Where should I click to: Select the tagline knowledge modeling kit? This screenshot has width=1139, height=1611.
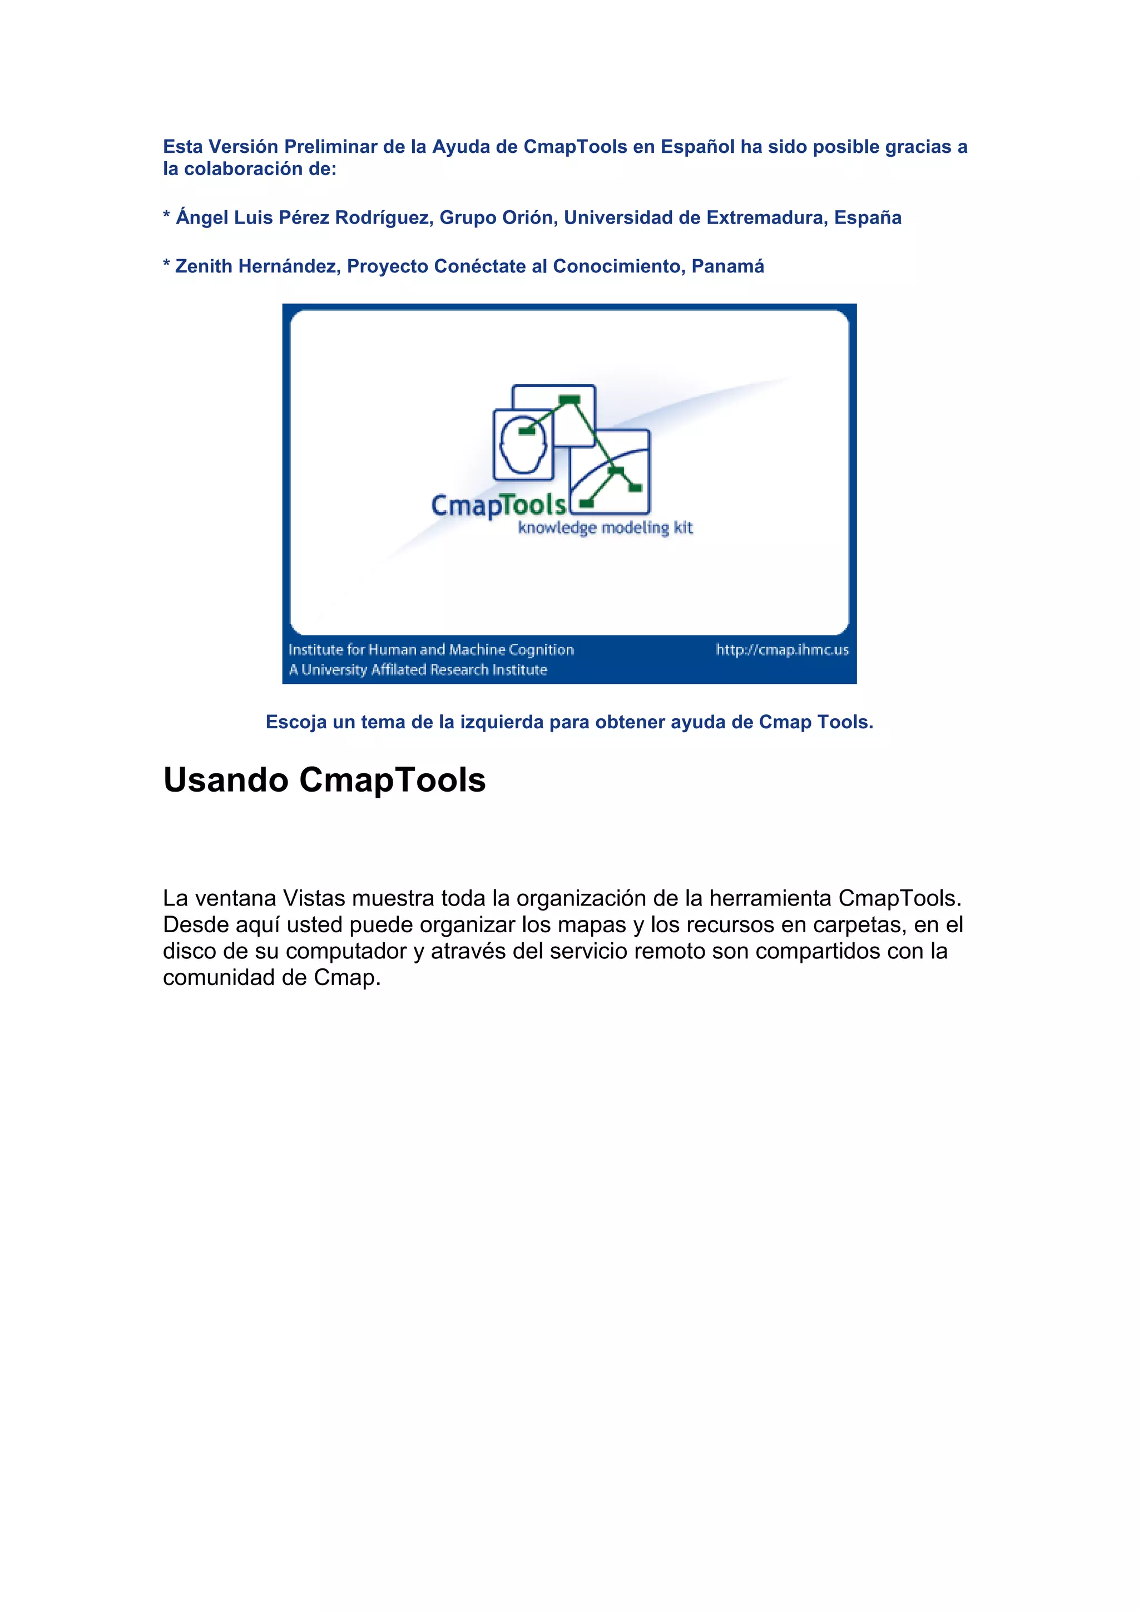(605, 528)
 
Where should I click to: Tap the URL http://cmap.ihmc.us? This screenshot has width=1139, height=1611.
(782, 650)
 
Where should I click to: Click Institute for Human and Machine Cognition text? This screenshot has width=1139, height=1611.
(431, 650)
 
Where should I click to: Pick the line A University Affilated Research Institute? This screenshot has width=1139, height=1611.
(418, 670)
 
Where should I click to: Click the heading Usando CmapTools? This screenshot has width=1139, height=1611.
(324, 780)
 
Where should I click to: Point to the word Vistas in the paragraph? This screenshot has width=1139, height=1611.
(314, 898)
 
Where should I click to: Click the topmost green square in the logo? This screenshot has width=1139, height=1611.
(569, 400)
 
